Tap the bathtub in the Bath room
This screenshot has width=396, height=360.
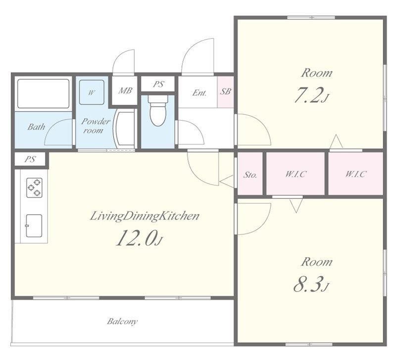(x=43, y=94)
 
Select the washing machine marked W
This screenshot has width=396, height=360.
(x=92, y=92)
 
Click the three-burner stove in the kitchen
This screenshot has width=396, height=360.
(x=34, y=188)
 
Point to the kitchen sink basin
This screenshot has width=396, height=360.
(x=34, y=226)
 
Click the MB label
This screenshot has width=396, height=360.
(x=125, y=90)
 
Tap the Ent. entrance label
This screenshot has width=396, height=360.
(x=199, y=93)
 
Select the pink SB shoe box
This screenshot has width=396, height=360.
(x=225, y=92)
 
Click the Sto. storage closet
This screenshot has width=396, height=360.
(x=250, y=174)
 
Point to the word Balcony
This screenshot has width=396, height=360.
(x=122, y=321)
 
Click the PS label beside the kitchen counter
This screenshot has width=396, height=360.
(x=30, y=159)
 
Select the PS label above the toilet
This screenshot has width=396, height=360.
(x=158, y=84)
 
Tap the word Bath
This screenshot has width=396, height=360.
(x=36, y=127)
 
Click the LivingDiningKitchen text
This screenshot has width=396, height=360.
(x=145, y=217)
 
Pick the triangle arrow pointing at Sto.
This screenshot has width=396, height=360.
(x=228, y=181)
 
